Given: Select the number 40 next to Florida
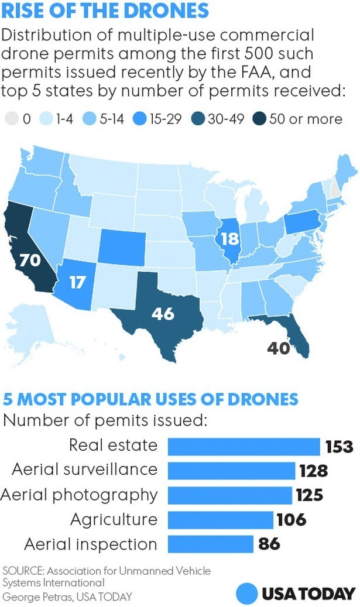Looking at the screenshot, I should [x=279, y=348].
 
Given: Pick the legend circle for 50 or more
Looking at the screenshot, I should [x=259, y=119].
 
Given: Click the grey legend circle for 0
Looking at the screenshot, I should [x=9, y=119].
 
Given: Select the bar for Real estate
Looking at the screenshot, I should [x=244, y=447].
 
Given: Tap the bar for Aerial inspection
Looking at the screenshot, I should [x=210, y=544].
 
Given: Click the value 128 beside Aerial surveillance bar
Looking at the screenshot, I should [x=313, y=471].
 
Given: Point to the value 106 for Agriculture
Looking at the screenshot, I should [x=291, y=520].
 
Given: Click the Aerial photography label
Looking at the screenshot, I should [x=79, y=495].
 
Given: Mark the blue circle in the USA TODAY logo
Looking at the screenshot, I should [x=248, y=593].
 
